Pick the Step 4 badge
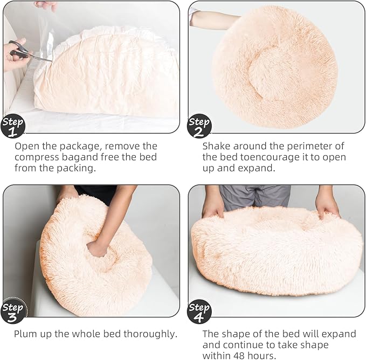coord(199,311)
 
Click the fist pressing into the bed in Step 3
coord(98,248)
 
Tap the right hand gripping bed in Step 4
coord(327,205)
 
